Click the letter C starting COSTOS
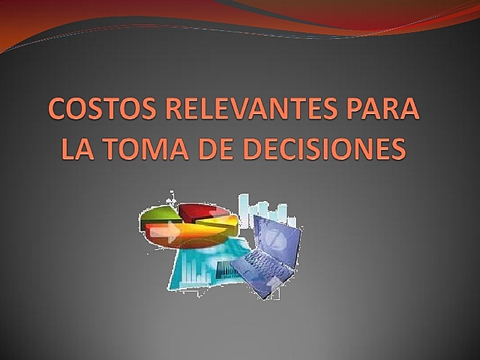pos(59,111)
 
